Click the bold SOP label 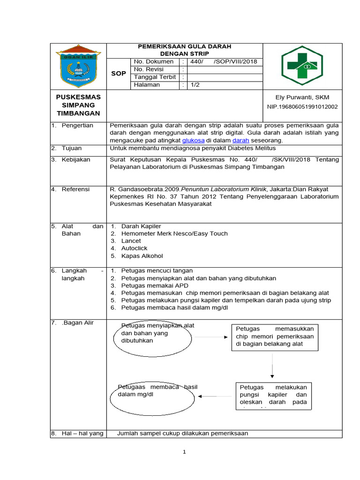coord(118,74)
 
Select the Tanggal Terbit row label coord(155,77)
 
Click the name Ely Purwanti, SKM coord(302,97)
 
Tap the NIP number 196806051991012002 coord(302,107)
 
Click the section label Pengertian coord(77,125)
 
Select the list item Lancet coord(131,241)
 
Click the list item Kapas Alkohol coord(142,256)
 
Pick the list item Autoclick coord(134,248)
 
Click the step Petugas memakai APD coord(149,285)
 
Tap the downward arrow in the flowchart coord(272,366)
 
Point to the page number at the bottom coord(185,452)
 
